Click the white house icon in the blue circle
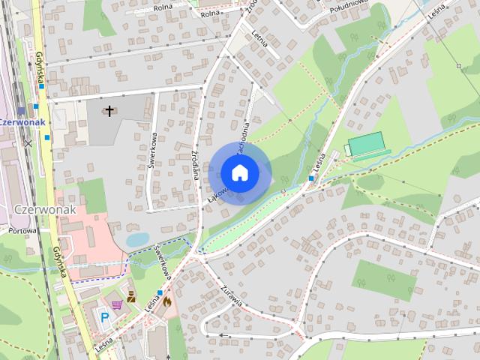coord(239,172)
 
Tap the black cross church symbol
coord(109,112)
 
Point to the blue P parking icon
coord(105,317)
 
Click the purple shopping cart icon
coord(117,304)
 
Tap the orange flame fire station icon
coord(166,301)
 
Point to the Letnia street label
coord(260,34)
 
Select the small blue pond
coord(137,239)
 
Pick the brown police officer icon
coord(132,295)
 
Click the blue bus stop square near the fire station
coord(160,292)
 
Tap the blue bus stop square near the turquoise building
coord(311,178)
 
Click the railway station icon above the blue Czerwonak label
coord(22,110)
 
